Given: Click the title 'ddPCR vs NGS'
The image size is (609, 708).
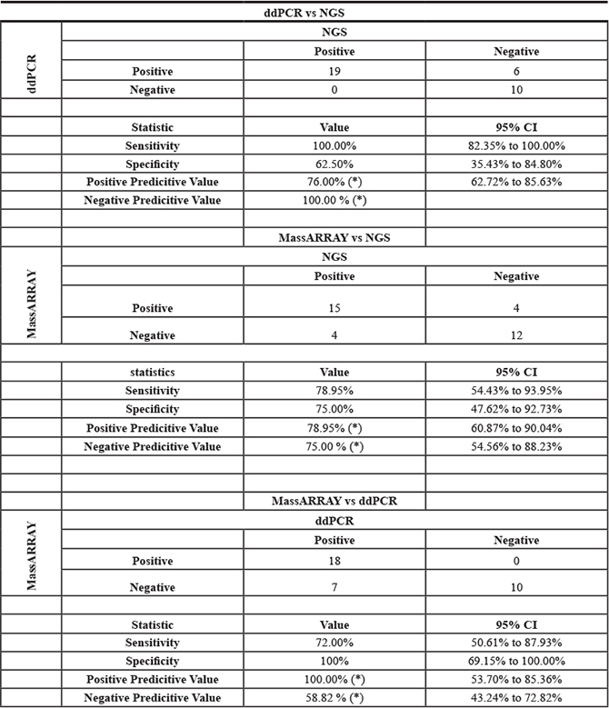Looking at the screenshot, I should tap(304, 14).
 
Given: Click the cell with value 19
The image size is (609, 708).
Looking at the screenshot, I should tap(334, 70).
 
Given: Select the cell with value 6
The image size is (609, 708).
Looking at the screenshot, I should tap(516, 70).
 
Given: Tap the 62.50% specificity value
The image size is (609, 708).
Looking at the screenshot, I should tap(334, 164).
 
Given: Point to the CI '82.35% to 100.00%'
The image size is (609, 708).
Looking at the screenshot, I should tap(516, 145).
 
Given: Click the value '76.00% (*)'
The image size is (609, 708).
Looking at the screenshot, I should tap(334, 182).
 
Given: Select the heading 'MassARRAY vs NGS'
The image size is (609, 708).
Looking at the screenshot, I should tap(334, 238).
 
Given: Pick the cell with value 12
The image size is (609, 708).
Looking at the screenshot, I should tap(516, 335).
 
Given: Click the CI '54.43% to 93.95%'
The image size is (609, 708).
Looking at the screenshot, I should tap(516, 391).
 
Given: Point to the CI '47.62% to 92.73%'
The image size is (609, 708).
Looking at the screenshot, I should tap(516, 409).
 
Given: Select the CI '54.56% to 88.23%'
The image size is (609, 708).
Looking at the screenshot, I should tap(516, 446).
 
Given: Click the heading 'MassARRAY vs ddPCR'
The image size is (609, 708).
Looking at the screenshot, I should tap(334, 502).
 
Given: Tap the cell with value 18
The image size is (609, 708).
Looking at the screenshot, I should tap(334, 563).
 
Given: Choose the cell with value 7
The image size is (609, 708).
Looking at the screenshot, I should tap(334, 588).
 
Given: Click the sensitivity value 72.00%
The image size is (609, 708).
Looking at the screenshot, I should tap(334, 643).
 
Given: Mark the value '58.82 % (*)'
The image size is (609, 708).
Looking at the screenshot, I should tap(334, 699).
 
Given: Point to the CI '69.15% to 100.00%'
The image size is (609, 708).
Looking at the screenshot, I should tap(516, 662).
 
